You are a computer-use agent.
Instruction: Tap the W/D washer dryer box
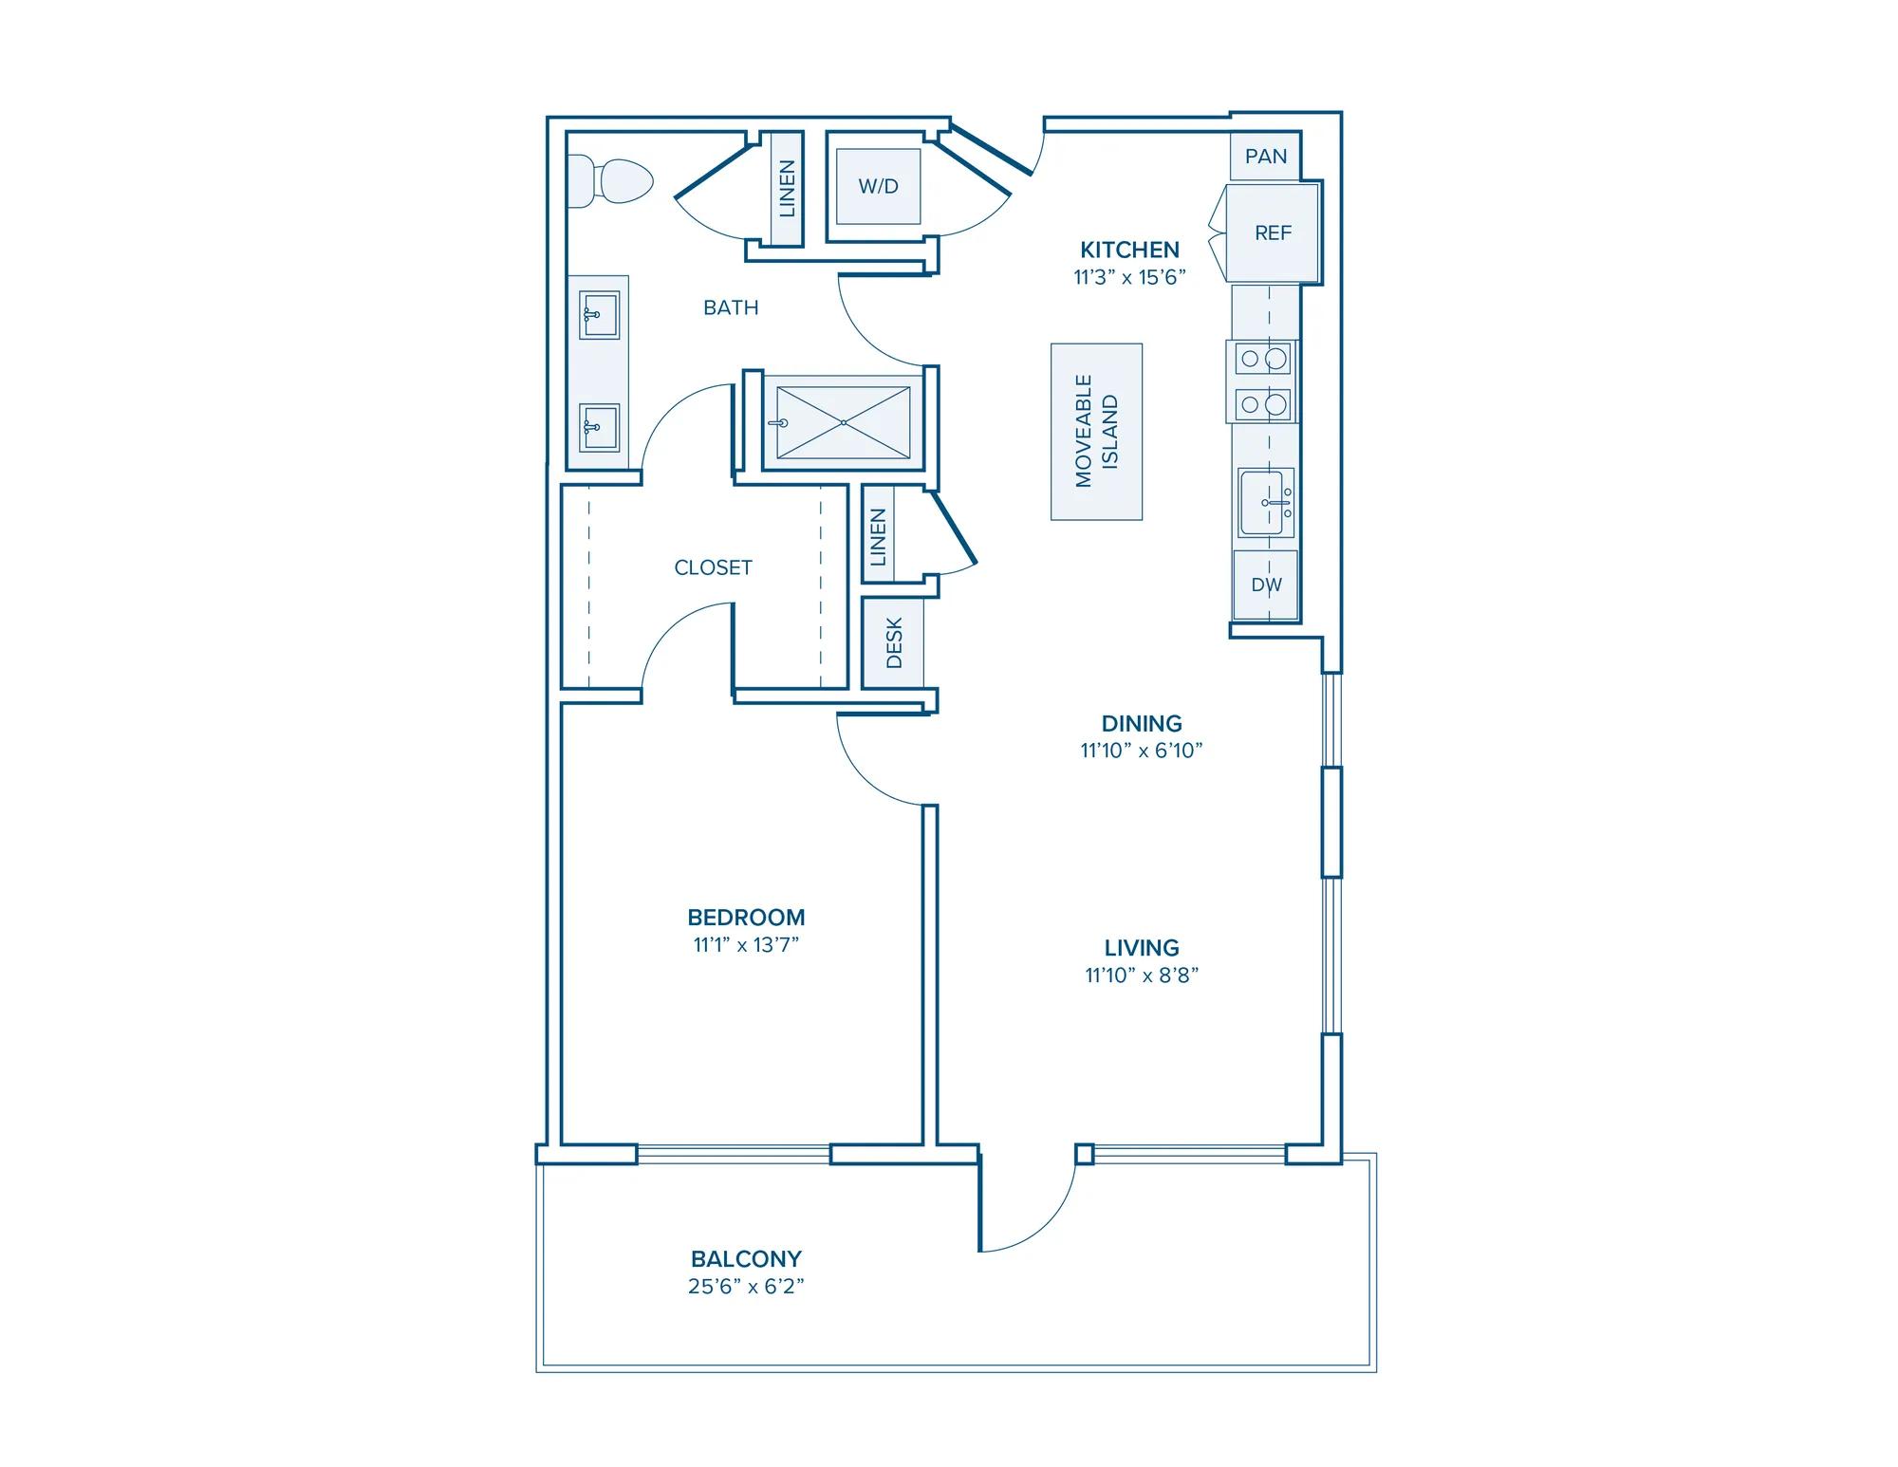878,186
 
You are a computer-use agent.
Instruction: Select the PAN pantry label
1266,157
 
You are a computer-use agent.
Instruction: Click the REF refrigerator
1273,232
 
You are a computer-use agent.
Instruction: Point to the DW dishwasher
1266,585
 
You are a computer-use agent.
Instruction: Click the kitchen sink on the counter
1266,503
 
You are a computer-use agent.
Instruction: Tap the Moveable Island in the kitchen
1096,432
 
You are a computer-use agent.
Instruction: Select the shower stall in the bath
843,423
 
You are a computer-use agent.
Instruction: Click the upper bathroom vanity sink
600,315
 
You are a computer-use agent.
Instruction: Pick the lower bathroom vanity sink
600,428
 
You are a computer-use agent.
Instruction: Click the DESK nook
893,642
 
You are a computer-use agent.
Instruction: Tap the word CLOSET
713,567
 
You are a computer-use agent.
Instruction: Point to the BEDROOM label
746,918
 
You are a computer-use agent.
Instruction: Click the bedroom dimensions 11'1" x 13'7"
746,945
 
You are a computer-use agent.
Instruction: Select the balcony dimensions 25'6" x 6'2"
746,1287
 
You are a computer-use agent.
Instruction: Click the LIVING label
1142,948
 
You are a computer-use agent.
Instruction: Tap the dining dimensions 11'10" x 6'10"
1142,751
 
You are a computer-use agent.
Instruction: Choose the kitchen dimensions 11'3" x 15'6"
1129,277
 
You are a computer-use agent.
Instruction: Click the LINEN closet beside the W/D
787,188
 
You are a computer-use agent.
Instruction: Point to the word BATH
731,307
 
